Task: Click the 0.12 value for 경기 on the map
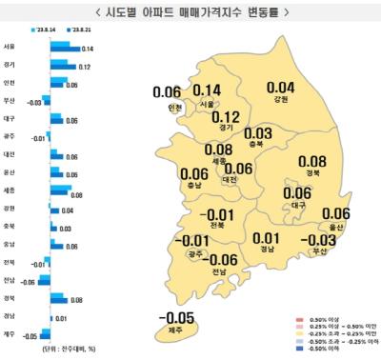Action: point(226,116)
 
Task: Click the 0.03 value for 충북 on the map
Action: point(258,133)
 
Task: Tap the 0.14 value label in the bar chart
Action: point(87,49)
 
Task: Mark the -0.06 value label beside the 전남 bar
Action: point(29,282)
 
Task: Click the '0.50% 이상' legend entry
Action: point(336,311)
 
